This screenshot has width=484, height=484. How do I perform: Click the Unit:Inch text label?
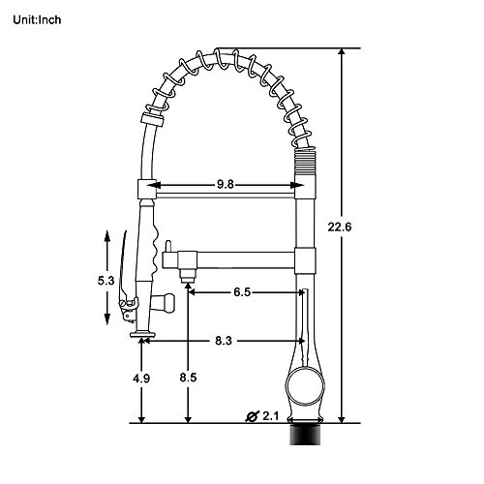pyautogui.click(x=37, y=20)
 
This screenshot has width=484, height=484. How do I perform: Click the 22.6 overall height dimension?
pyautogui.click(x=339, y=227)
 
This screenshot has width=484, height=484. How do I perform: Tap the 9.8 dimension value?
pyautogui.click(x=225, y=185)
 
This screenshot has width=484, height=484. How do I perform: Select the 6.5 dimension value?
pyautogui.click(x=242, y=292)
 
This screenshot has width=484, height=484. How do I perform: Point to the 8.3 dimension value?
pyautogui.click(x=224, y=341)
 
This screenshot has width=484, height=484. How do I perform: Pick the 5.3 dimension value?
pyautogui.click(x=106, y=281)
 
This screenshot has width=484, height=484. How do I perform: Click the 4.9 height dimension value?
pyautogui.click(x=141, y=378)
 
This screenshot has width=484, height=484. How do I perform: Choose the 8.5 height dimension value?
pyautogui.click(x=188, y=378)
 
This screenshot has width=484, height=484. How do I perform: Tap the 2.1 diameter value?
pyautogui.click(x=270, y=416)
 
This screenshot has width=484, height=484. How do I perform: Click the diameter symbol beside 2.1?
pyautogui.click(x=252, y=416)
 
